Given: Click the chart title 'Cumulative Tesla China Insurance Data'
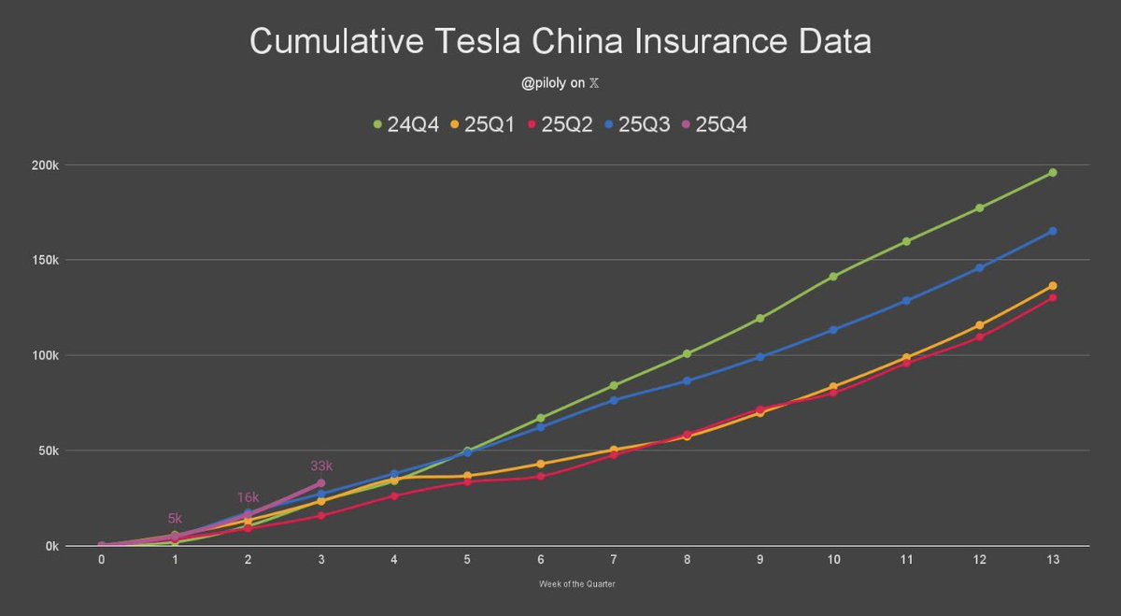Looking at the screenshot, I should pyautogui.click(x=560, y=43).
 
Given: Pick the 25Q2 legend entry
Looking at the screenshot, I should pyautogui.click(x=560, y=123).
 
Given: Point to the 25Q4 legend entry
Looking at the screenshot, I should pyautogui.click(x=717, y=123).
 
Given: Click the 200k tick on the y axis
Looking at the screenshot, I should pyautogui.click(x=43, y=165).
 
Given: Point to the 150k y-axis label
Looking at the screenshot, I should pyautogui.click(x=43, y=260).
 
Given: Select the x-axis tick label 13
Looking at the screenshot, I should pyautogui.click(x=1052, y=560).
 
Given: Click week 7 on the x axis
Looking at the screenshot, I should pyautogui.click(x=613, y=560).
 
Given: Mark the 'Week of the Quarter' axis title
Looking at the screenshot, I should pyautogui.click(x=576, y=584).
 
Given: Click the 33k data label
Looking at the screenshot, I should pyautogui.click(x=321, y=466).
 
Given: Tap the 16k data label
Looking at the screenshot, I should pyautogui.click(x=248, y=497).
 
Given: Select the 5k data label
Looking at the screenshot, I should pyautogui.click(x=175, y=518).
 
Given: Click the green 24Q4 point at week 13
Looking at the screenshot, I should pyautogui.click(x=1052, y=172).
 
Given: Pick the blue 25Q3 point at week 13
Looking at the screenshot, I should pyautogui.click(x=1052, y=231).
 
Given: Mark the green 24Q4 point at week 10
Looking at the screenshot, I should pyautogui.click(x=832, y=277).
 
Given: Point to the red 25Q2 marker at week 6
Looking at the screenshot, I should pyautogui.click(x=540, y=476).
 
